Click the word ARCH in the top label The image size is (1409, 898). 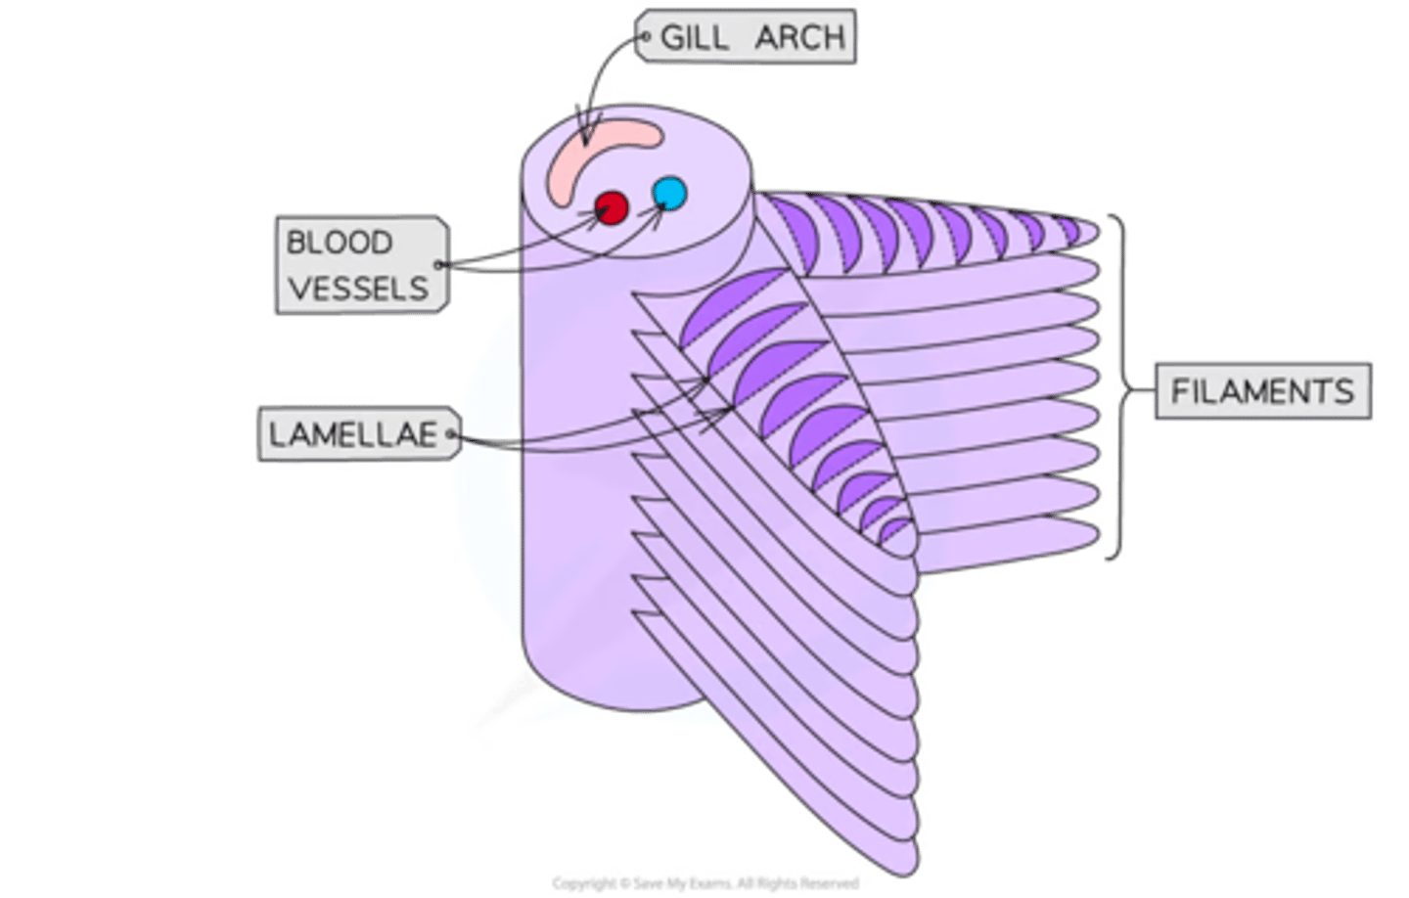tap(799, 37)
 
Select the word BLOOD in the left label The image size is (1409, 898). tap(339, 242)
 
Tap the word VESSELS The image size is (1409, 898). tap(358, 289)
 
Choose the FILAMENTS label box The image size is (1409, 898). tap(1261, 391)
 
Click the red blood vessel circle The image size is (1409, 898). tap(612, 207)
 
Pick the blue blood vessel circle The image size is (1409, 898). tap(670, 192)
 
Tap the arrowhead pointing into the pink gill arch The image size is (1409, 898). tap(588, 132)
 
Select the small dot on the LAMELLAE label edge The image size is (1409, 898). tap(451, 434)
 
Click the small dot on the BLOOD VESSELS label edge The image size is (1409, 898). tap(439, 264)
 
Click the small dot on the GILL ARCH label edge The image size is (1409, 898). tap(646, 37)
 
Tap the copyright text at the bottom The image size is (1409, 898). tap(704, 883)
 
